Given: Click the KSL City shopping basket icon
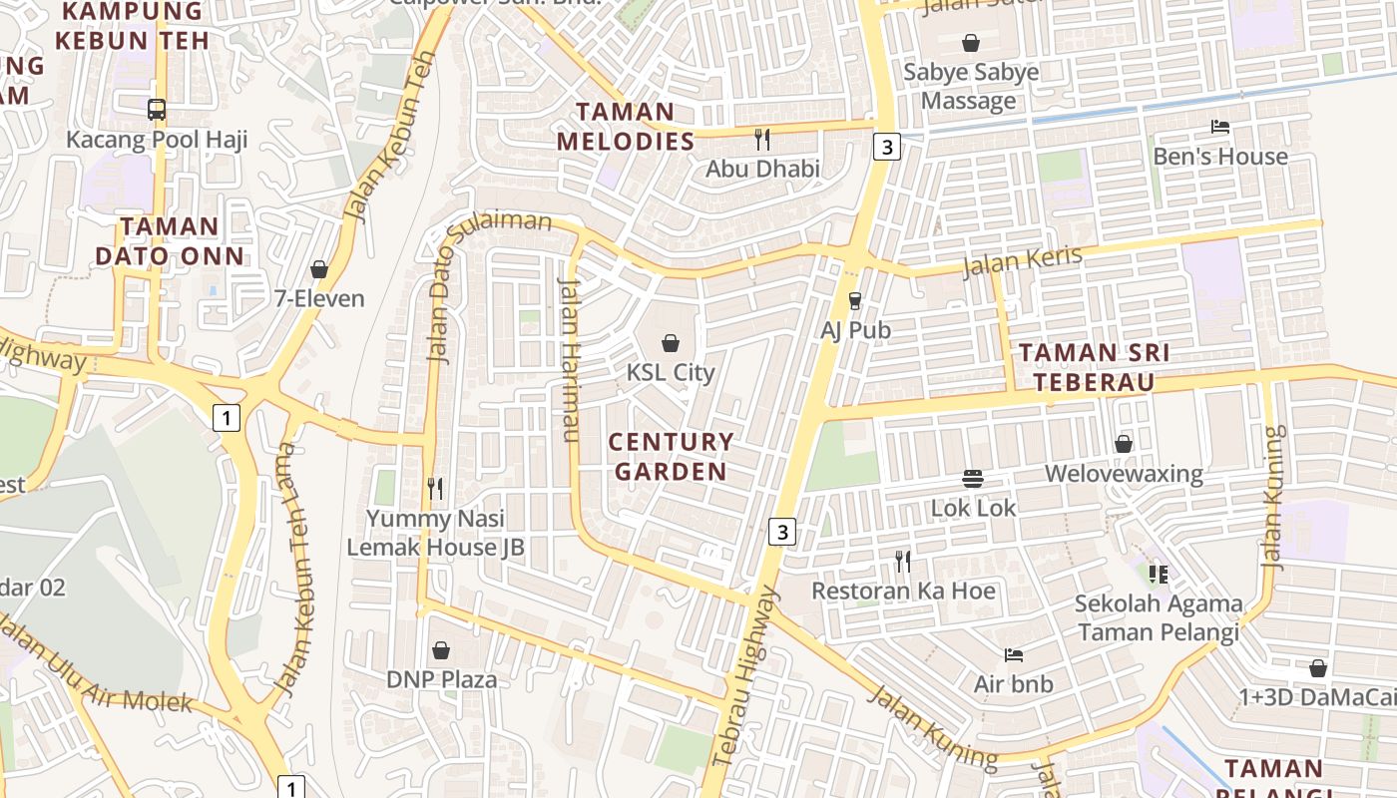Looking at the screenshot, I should pyautogui.click(x=671, y=343).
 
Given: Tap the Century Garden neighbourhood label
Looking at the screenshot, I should pyautogui.click(x=671, y=456).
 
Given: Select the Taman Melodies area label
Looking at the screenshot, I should pyautogui.click(x=625, y=127).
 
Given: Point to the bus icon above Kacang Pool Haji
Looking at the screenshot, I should pyautogui.click(x=157, y=110).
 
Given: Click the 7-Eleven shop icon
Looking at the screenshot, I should pyautogui.click(x=319, y=269).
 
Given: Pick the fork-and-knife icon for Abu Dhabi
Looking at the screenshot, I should pyautogui.click(x=762, y=140).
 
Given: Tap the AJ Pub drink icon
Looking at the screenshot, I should pyautogui.click(x=855, y=300).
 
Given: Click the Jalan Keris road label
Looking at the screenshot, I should pyautogui.click(x=1022, y=261).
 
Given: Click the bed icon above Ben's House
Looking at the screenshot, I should pyautogui.click(x=1219, y=127).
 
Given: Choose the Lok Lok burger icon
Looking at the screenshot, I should pyautogui.click(x=973, y=479).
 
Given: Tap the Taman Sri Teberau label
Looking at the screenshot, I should pyautogui.click(x=1095, y=367).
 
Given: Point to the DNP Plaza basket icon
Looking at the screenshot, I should pyautogui.click(x=441, y=650).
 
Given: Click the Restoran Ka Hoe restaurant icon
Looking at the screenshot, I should pyautogui.click(x=903, y=562).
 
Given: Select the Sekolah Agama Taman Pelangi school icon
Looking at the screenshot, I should pyautogui.click(x=1158, y=574).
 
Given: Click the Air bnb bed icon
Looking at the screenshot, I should pyautogui.click(x=1013, y=655).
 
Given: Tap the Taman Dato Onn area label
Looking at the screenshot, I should pyautogui.click(x=170, y=241).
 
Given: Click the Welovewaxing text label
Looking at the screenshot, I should pyautogui.click(x=1124, y=473).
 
